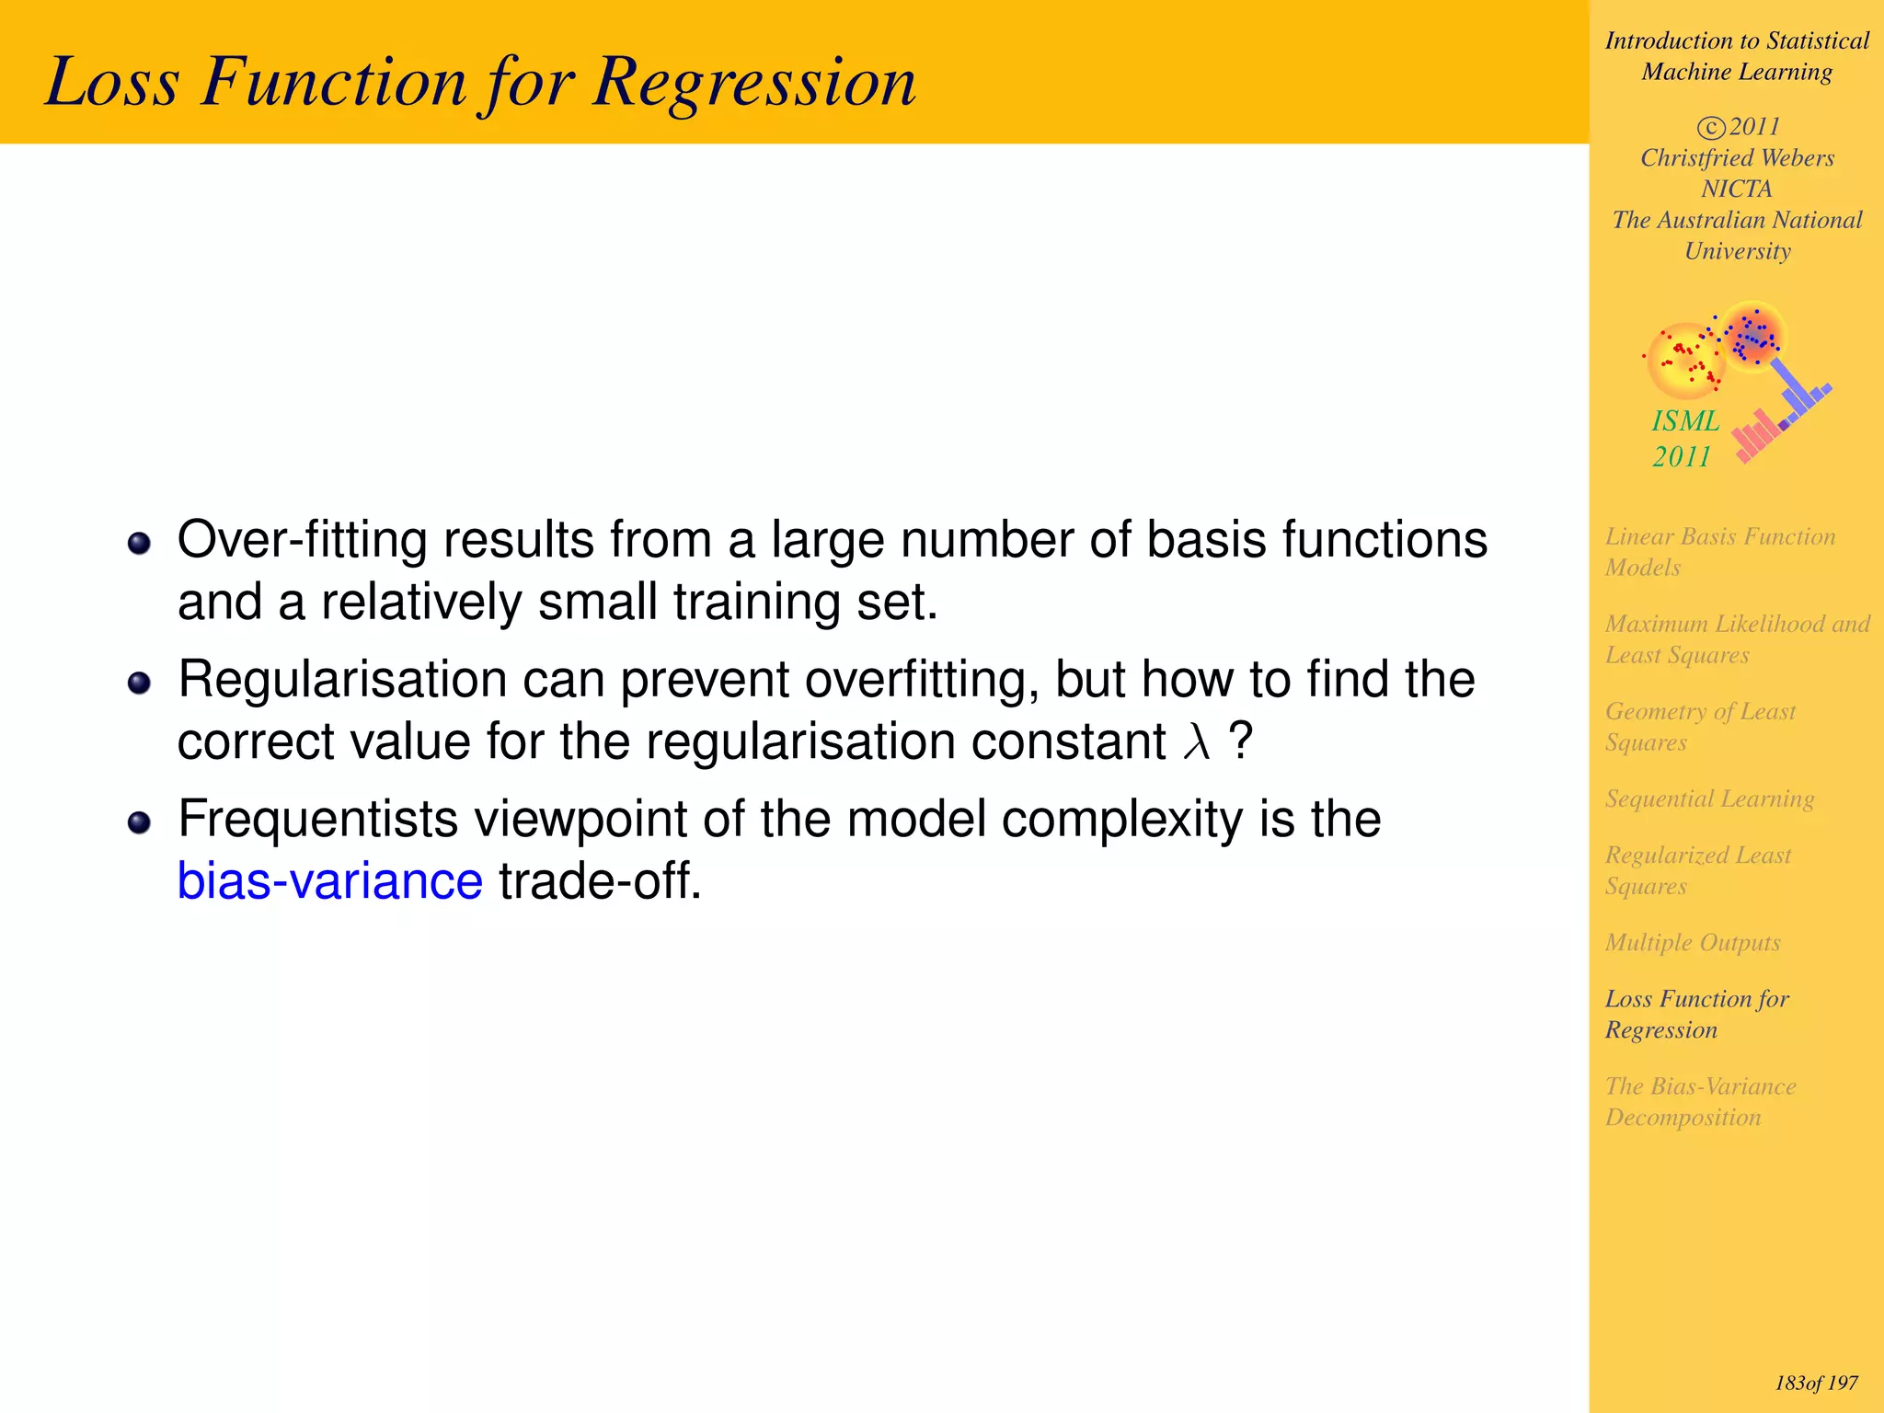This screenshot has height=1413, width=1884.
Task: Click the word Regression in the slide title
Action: click(x=754, y=83)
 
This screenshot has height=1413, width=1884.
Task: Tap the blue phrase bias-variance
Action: click(x=329, y=880)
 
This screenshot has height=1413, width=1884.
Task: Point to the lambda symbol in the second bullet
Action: click(x=1196, y=741)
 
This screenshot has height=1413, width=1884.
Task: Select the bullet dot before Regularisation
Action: click(x=139, y=683)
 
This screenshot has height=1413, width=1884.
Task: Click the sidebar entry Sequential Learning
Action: click(x=1709, y=798)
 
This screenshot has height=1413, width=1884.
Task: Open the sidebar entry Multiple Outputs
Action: click(x=1692, y=942)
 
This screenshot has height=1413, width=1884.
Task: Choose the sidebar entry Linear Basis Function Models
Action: click(x=1719, y=551)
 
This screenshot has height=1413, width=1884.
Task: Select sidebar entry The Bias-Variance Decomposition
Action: click(x=1700, y=1101)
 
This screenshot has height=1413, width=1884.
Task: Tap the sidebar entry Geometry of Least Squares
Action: click(x=1700, y=726)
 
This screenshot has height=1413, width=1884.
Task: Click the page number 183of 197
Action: click(x=1816, y=1383)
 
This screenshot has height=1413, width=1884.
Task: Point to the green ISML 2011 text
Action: click(x=1683, y=438)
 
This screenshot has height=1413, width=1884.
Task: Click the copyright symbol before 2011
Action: click(x=1710, y=128)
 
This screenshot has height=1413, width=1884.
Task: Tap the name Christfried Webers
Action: click(x=1737, y=158)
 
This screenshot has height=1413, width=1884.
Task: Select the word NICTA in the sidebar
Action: click(x=1736, y=189)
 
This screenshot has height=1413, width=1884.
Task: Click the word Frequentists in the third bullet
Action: click(x=317, y=819)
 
